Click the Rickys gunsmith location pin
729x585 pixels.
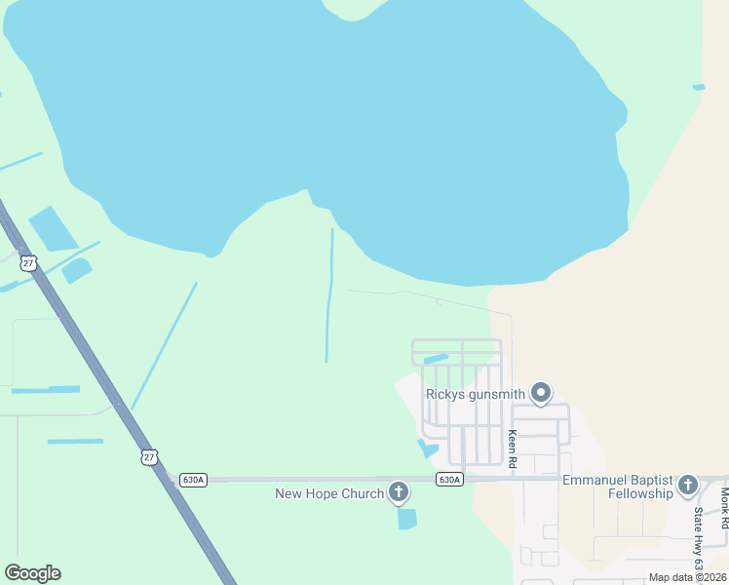(x=542, y=393)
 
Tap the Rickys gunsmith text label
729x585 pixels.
(x=476, y=394)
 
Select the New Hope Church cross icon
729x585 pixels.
(x=398, y=491)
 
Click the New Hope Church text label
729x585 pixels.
(x=329, y=493)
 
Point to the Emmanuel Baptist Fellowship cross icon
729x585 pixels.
(x=688, y=485)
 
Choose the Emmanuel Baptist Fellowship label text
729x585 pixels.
(x=618, y=487)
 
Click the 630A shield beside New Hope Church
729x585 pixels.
(x=192, y=480)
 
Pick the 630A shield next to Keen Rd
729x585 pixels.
(x=449, y=480)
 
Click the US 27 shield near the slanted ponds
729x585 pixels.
(x=28, y=261)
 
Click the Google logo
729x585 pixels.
(x=33, y=573)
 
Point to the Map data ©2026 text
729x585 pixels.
(x=687, y=577)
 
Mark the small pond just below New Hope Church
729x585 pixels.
(x=407, y=519)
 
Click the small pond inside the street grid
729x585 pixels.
(x=436, y=359)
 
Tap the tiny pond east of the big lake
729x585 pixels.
(x=699, y=87)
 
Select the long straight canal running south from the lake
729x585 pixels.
(x=329, y=292)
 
